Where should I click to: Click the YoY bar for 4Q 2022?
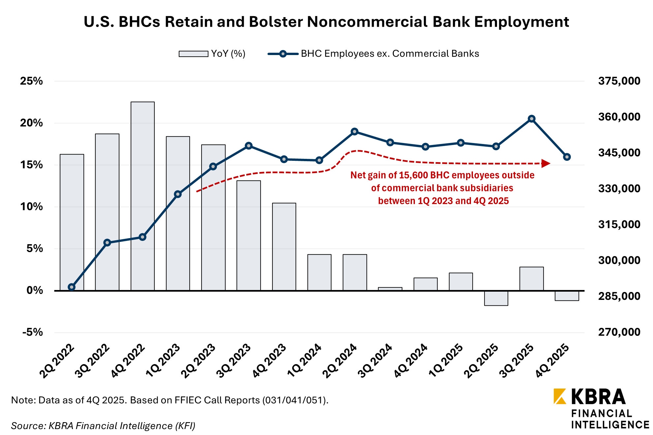coord(142,196)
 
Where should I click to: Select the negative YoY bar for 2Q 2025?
coord(496,298)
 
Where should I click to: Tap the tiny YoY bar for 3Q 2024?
coord(390,289)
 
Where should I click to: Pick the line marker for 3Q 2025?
coord(532,119)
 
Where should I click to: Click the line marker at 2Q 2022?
coord(72,287)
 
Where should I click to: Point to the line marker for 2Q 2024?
coord(355,131)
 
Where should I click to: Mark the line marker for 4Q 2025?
coord(567,157)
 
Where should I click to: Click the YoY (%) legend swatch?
coord(193,54)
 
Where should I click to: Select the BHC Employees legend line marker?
coord(283,54)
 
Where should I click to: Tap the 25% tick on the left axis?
coord(32,81)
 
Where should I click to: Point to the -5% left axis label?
coord(32,332)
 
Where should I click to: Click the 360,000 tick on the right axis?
coord(619,117)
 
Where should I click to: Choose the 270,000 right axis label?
coord(619,332)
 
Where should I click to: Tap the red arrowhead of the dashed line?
coord(546,163)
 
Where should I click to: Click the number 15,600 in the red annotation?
coord(414,175)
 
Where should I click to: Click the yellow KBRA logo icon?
coord(560,396)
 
